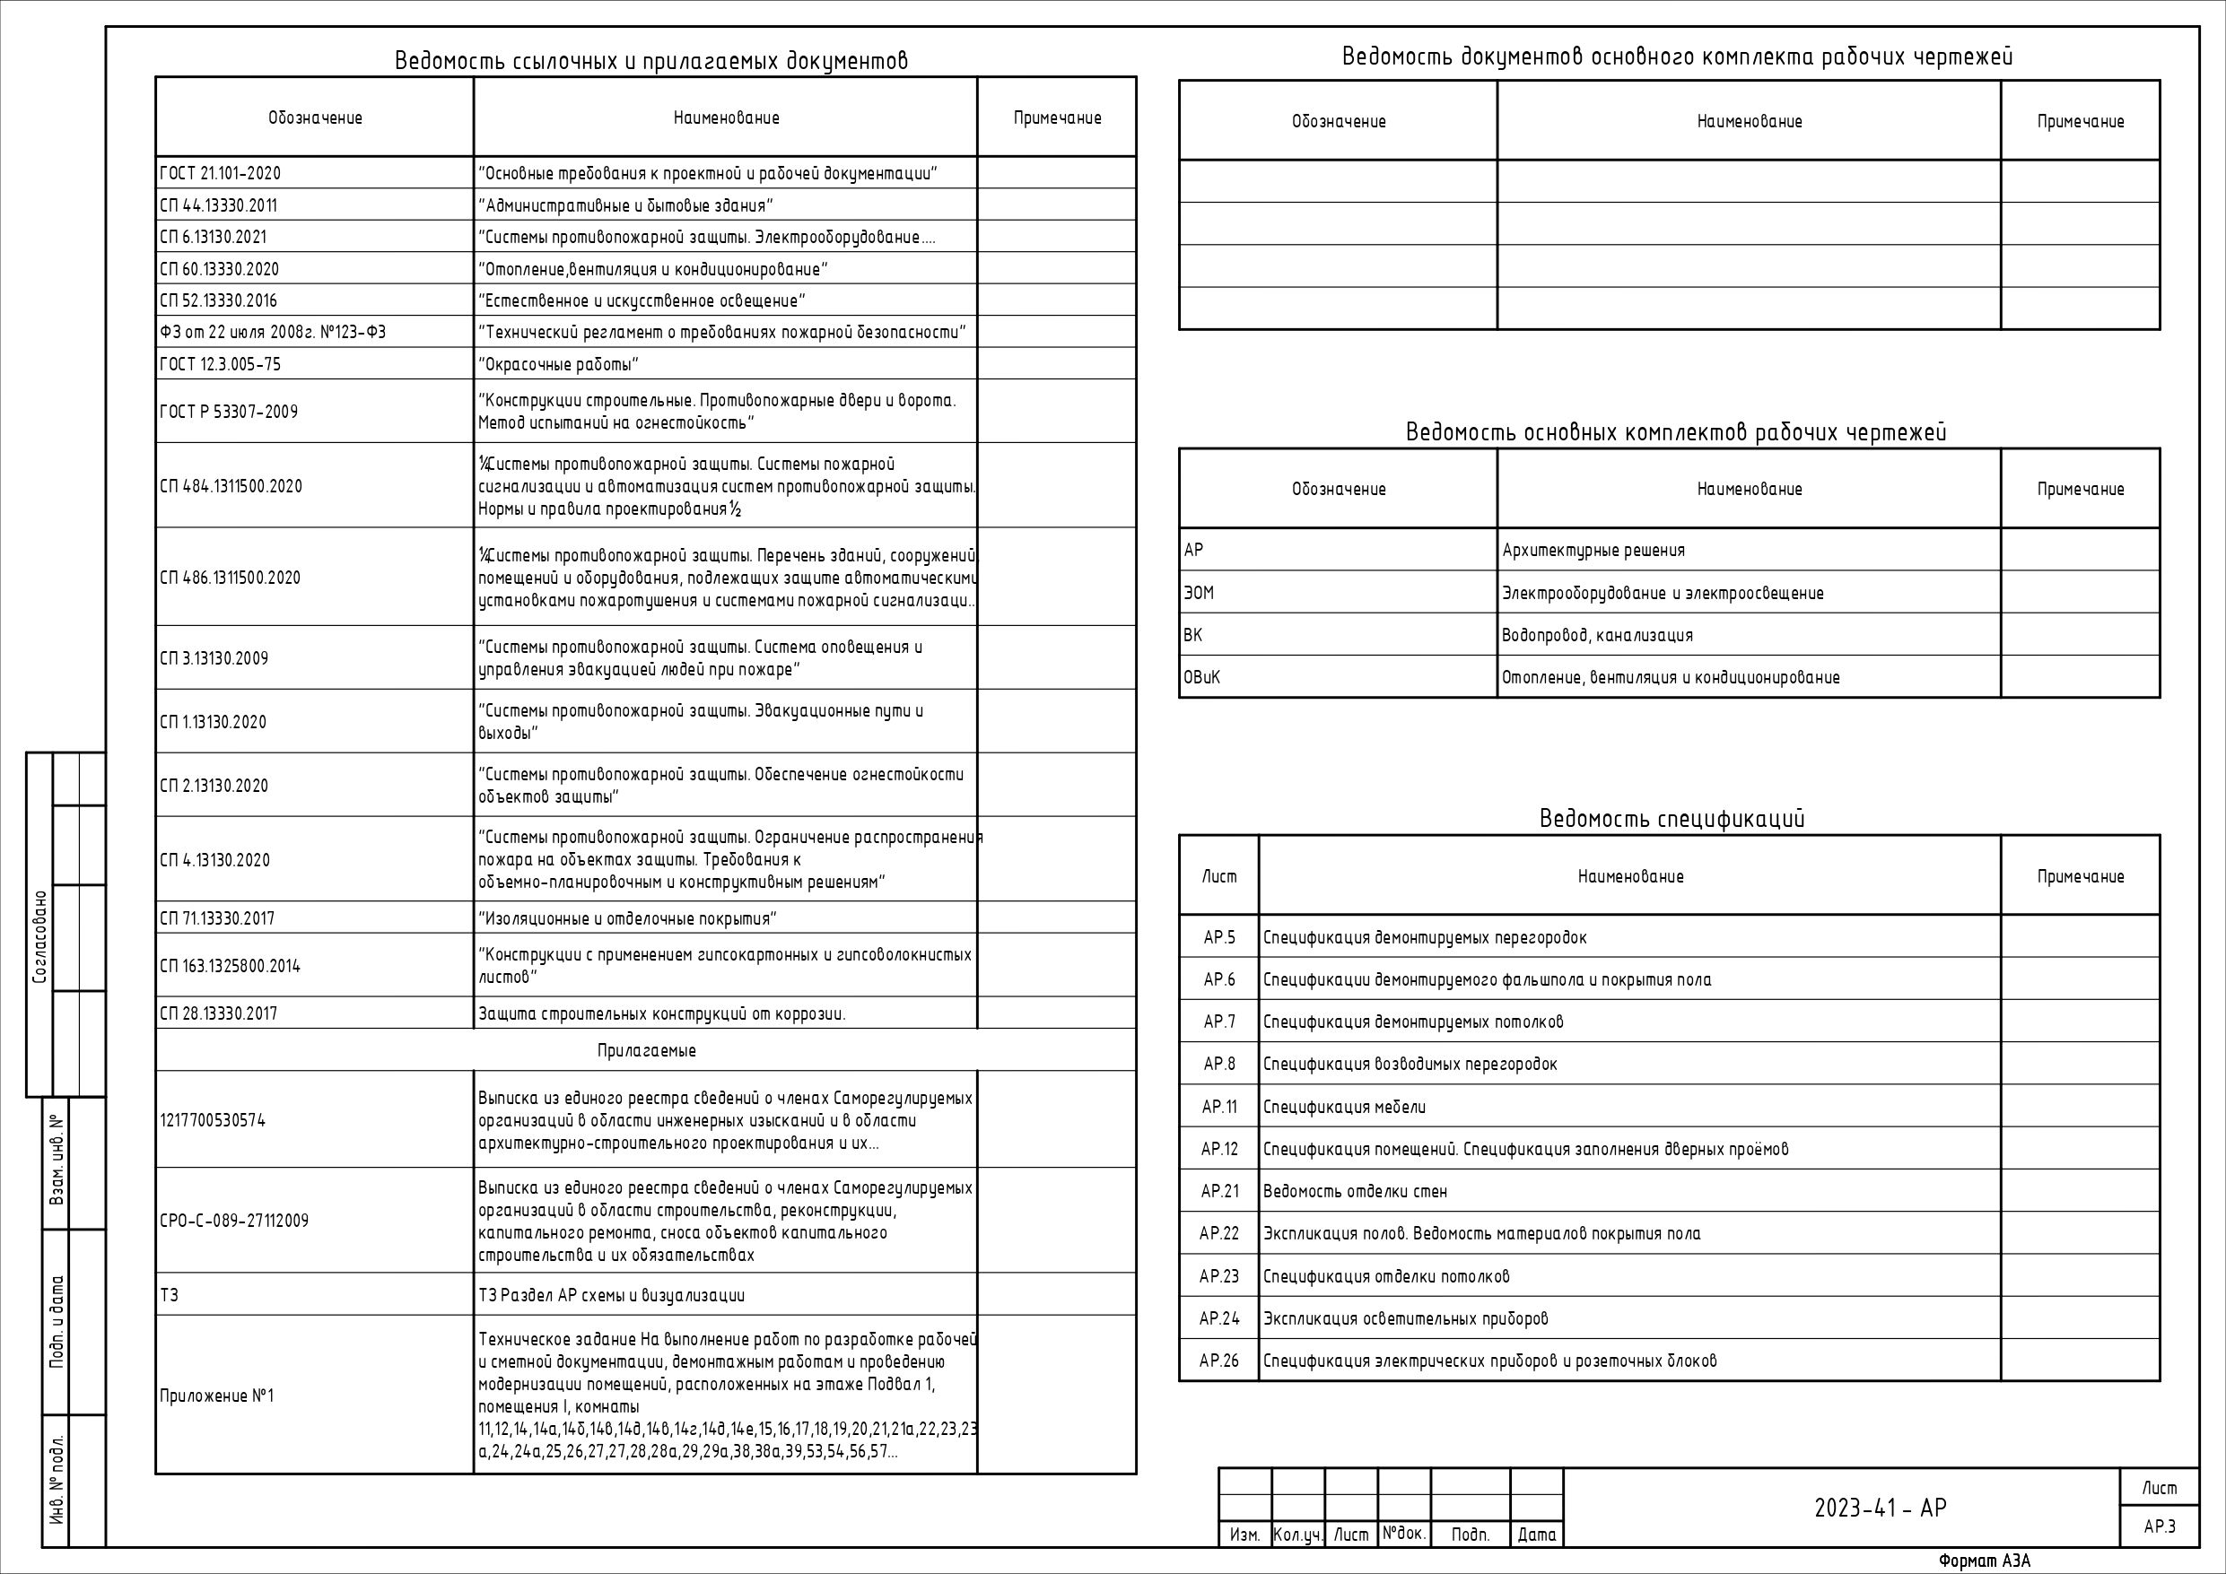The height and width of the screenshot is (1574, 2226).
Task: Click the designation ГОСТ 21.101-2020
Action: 220,173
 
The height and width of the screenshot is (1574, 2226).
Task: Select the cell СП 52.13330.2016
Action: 218,300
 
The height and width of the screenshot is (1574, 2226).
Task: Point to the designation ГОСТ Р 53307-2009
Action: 229,412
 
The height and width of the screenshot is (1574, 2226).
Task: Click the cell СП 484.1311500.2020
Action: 231,486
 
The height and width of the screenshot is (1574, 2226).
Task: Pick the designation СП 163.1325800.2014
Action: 230,966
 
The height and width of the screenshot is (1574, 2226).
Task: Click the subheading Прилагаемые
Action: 646,1050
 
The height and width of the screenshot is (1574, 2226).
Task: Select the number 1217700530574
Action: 213,1120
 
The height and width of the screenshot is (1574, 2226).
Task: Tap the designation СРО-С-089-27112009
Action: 233,1222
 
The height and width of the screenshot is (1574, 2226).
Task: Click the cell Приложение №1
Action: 216,1396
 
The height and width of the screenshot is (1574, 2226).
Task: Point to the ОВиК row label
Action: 1201,678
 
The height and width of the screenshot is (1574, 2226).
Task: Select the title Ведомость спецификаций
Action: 1672,819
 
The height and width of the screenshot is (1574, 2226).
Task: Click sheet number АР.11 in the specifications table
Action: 1218,1107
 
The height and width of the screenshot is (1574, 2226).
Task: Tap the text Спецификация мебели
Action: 1344,1107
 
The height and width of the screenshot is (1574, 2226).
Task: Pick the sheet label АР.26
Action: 1218,1361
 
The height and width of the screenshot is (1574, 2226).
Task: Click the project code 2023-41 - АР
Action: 1880,1509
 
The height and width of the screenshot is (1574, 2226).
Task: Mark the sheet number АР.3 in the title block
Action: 2159,1526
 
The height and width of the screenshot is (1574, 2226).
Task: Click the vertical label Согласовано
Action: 39,937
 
